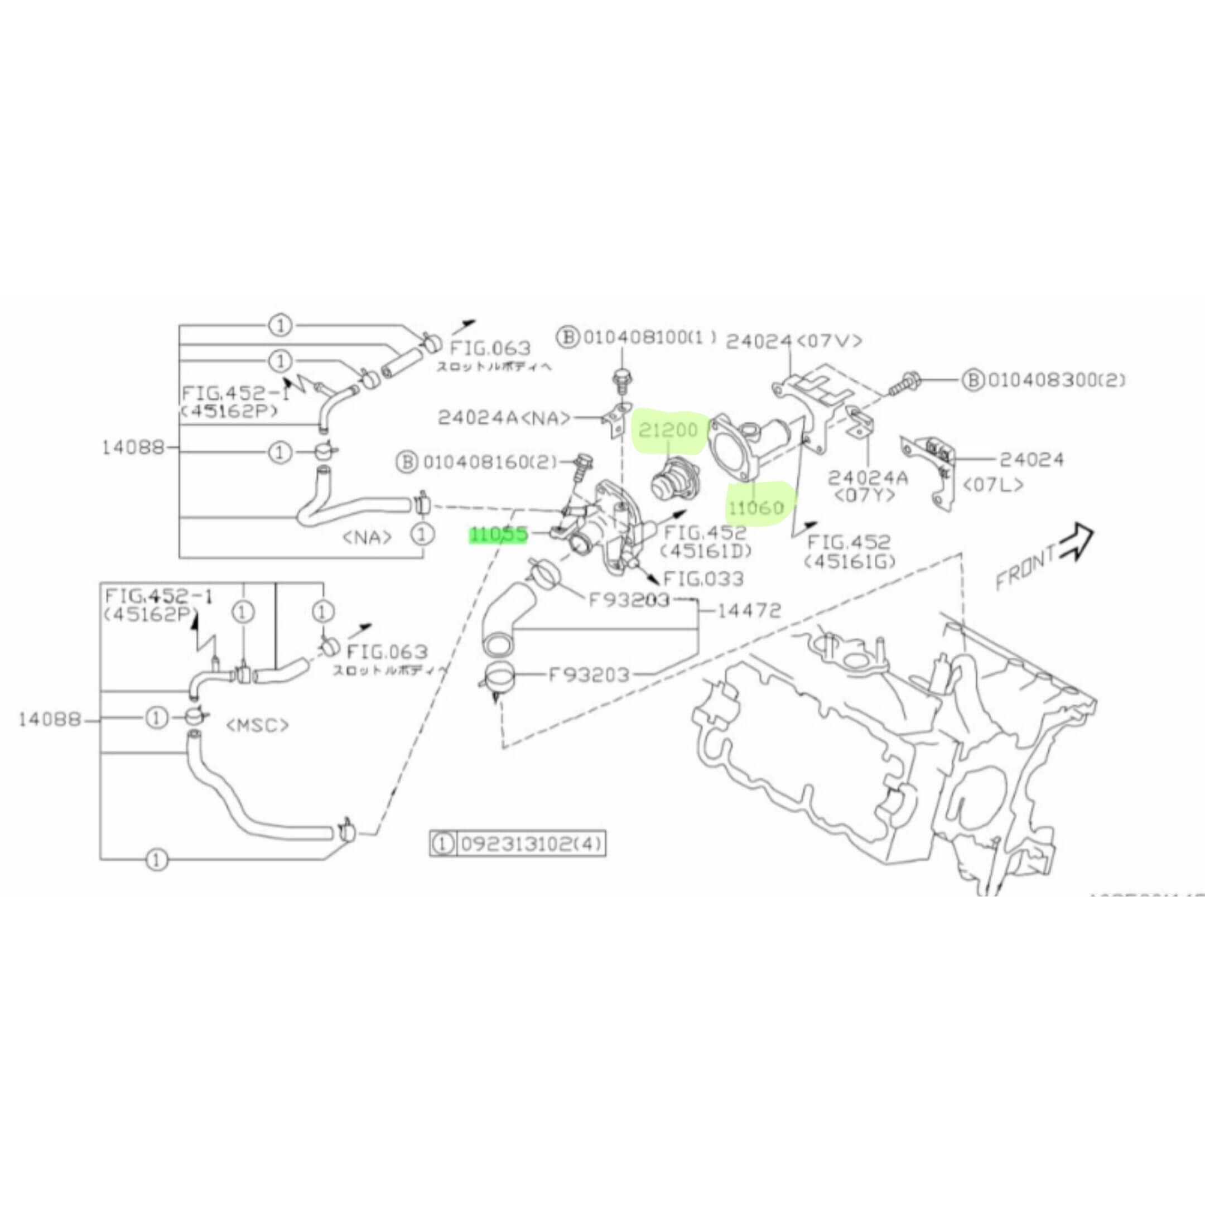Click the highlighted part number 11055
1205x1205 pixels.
[499, 534]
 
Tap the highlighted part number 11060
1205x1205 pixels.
[756, 508]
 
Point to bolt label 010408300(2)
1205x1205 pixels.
[1054, 379]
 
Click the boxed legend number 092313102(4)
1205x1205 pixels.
[531, 844]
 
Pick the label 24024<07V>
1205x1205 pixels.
[794, 340]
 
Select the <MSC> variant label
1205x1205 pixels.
[257, 725]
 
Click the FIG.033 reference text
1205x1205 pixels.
[703, 579]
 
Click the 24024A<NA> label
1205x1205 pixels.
[504, 417]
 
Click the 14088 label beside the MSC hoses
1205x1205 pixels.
[50, 719]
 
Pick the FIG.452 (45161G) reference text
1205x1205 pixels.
[849, 551]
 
